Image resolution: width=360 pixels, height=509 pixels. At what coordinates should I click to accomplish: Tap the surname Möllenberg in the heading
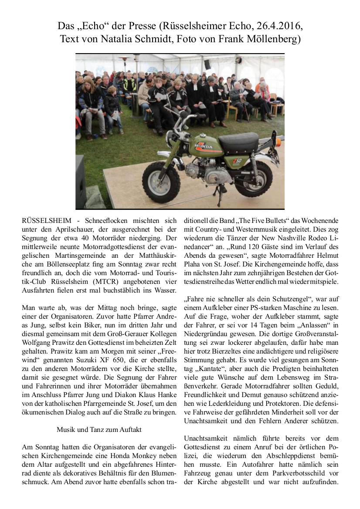tap(272, 40)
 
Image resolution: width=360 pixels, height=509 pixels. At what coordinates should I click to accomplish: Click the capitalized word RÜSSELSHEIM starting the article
tap(45, 221)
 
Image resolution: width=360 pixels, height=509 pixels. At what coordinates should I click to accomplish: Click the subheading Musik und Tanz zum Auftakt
tap(99, 429)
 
